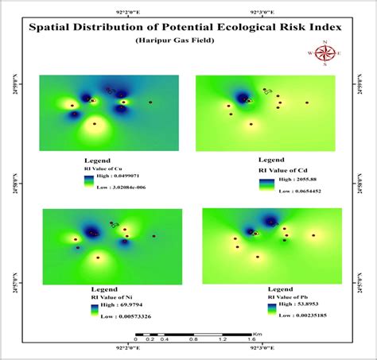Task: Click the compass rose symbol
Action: pyautogui.click(x=325, y=53)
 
